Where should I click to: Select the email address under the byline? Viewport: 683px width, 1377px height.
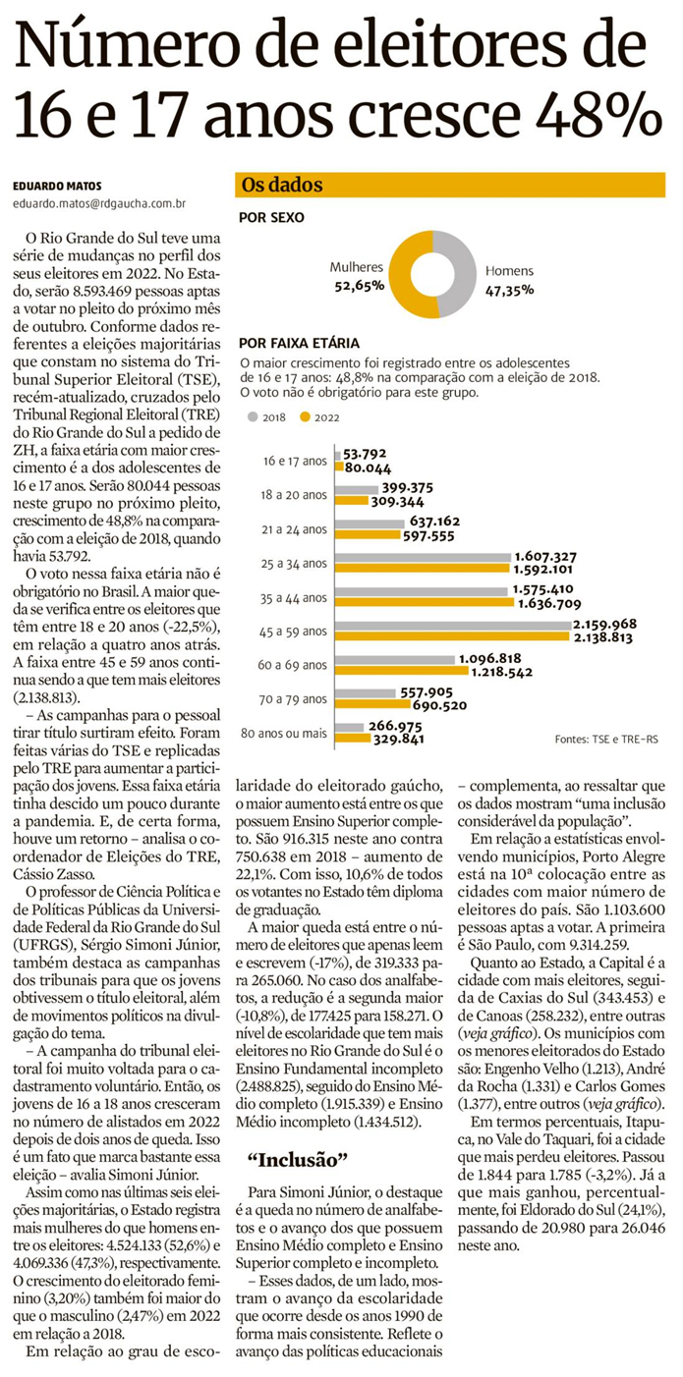point(99,204)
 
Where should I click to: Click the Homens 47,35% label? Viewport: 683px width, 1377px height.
point(509,279)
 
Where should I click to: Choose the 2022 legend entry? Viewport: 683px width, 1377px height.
point(319,417)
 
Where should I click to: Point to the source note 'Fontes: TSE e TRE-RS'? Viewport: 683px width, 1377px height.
point(608,737)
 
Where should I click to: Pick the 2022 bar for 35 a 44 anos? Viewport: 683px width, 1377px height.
point(421,603)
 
